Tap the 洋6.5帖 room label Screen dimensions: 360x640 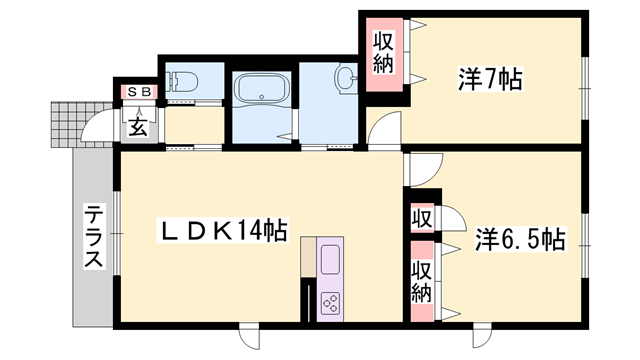[x=519, y=240]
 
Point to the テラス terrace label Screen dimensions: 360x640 [x=93, y=237]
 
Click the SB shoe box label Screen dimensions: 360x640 [x=138, y=93]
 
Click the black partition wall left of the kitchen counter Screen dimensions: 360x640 [x=304, y=296]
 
